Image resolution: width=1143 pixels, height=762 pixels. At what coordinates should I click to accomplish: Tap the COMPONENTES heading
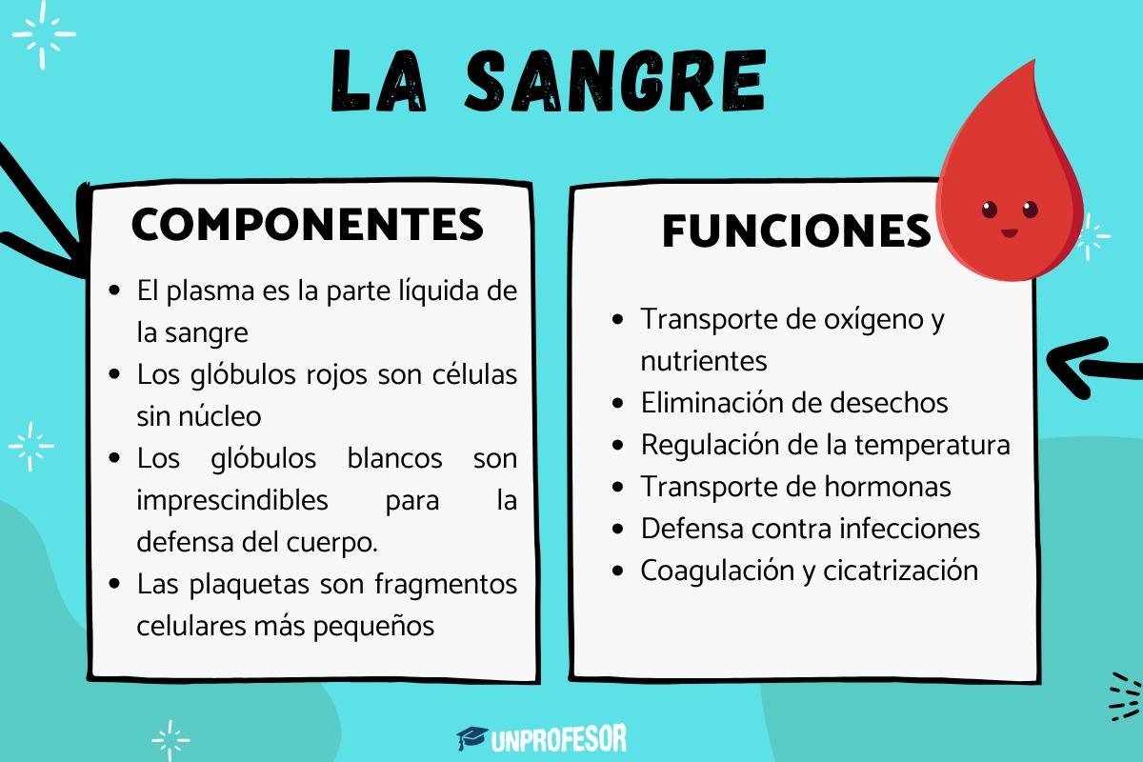click(307, 225)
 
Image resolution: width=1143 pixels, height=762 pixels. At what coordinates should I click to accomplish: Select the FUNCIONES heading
click(795, 231)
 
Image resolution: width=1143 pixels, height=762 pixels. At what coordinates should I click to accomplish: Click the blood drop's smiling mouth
click(1009, 231)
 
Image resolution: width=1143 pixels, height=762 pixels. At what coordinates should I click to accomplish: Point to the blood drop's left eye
click(988, 208)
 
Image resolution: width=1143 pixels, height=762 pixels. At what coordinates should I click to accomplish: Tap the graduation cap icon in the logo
click(472, 737)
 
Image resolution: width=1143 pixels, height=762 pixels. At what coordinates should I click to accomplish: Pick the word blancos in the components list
click(395, 458)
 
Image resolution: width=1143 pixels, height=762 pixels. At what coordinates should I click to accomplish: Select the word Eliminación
click(713, 403)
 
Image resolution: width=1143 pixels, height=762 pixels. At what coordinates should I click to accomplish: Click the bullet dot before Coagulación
click(620, 571)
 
